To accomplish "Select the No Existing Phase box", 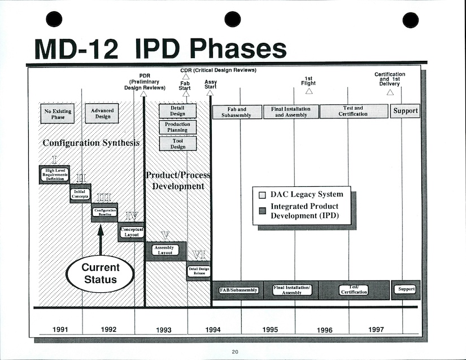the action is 58,114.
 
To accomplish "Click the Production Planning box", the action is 177,127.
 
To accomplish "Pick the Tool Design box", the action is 177,143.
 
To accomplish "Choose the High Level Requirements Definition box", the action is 54,174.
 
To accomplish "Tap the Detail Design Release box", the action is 199,272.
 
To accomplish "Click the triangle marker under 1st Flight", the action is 309,91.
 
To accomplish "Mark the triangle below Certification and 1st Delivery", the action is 390,92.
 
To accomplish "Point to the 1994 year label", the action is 212,330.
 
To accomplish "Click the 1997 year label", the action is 376,330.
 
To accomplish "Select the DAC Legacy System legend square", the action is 261,195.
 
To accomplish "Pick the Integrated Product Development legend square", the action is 261,210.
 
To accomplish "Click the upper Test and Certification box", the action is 354,111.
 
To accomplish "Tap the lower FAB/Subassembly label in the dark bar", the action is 238,290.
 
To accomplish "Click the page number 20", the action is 234,353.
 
